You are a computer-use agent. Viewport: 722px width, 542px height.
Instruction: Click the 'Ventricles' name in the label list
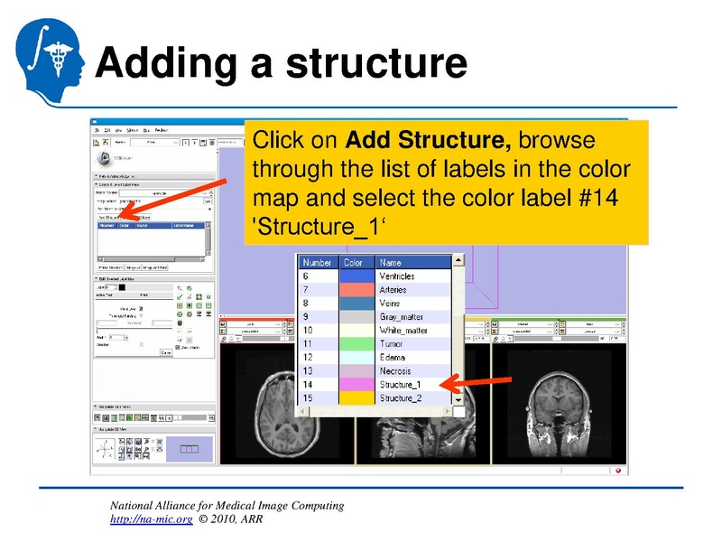[x=397, y=276]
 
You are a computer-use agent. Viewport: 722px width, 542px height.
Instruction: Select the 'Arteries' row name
[x=393, y=290]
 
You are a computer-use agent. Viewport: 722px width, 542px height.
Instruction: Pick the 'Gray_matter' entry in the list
[x=402, y=317]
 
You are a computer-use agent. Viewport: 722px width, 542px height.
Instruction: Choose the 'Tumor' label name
[x=391, y=344]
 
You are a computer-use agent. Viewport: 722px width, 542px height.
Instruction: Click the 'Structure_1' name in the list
[x=401, y=385]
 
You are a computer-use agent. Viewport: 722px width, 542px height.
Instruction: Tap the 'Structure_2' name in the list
[x=401, y=398]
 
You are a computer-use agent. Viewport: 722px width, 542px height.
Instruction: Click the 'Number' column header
[x=318, y=263]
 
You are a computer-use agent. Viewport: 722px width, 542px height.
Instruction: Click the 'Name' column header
[x=390, y=263]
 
